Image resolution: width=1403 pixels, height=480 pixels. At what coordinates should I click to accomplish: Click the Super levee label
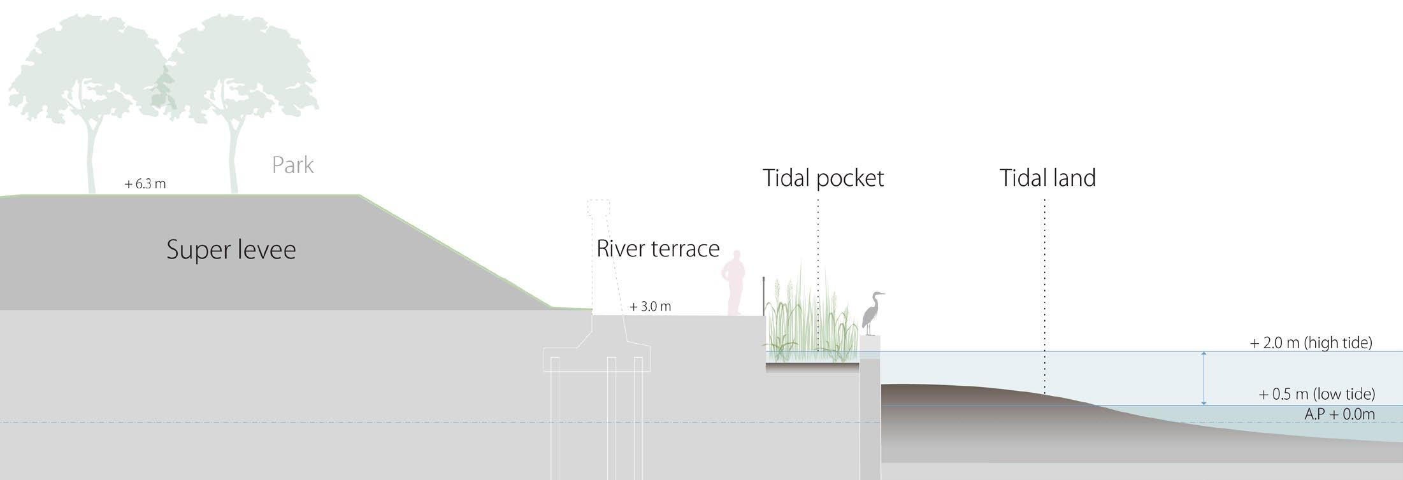[x=231, y=250]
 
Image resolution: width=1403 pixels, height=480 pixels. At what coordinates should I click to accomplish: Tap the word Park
[x=292, y=166]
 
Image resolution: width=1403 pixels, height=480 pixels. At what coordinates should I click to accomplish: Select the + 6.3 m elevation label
[x=145, y=184]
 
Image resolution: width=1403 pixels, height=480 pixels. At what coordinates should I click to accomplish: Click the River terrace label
[x=658, y=248]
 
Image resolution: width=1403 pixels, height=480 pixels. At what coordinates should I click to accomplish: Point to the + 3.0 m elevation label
[x=651, y=306]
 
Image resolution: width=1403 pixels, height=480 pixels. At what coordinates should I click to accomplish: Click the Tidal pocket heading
[x=823, y=178]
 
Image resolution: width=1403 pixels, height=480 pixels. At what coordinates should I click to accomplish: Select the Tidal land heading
[x=1047, y=178]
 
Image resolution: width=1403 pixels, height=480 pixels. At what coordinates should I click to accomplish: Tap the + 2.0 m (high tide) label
[x=1311, y=342]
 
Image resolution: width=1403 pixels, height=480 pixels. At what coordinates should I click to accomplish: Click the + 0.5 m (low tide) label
[x=1316, y=394]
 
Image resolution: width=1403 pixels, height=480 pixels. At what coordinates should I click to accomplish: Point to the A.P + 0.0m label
[x=1339, y=414]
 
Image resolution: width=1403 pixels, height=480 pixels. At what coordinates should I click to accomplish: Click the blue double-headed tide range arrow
[x=1204, y=378]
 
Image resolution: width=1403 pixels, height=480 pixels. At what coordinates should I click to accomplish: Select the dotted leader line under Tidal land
[x=1045, y=293]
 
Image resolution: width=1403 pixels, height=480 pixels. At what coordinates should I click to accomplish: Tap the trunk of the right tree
[x=234, y=159]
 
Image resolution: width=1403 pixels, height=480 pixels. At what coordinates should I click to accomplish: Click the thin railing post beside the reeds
[x=763, y=295]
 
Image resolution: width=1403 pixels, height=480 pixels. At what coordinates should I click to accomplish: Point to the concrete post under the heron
[x=870, y=407]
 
